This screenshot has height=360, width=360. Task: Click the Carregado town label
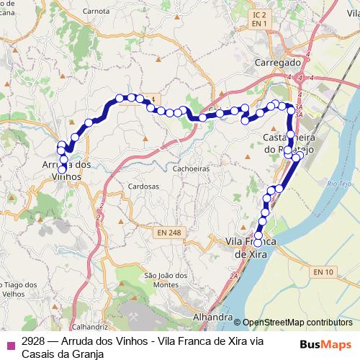click(276, 63)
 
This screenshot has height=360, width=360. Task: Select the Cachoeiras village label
click(190, 169)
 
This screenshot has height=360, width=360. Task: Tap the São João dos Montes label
click(166, 280)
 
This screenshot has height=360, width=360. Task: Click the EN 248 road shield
click(168, 233)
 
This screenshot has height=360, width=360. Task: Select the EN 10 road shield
click(323, 271)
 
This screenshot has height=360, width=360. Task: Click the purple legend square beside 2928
click(9, 343)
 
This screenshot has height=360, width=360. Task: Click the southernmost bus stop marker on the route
click(258, 243)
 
